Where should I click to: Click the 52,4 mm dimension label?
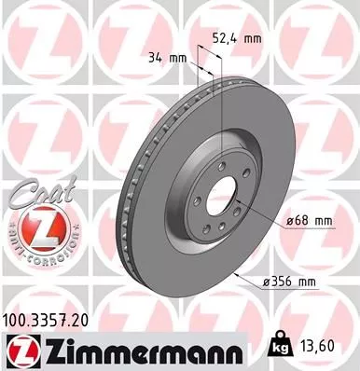point(237,39)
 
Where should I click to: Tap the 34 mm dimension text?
point(168,58)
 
